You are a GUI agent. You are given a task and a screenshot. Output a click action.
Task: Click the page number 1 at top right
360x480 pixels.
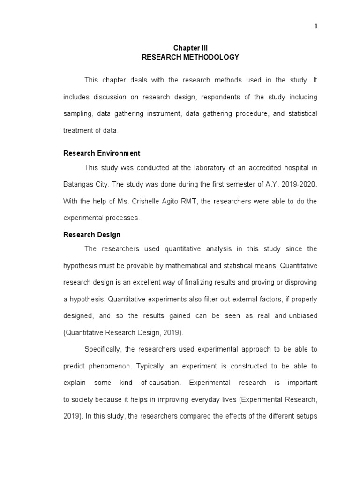tap(316, 26)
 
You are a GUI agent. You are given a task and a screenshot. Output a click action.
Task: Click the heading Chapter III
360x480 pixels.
tap(190, 48)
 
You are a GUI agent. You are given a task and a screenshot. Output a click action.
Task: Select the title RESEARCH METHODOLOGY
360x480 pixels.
tap(190, 57)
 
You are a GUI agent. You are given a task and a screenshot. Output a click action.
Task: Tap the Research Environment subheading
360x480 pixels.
tap(102, 153)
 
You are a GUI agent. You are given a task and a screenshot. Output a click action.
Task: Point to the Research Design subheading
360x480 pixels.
tap(92, 235)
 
